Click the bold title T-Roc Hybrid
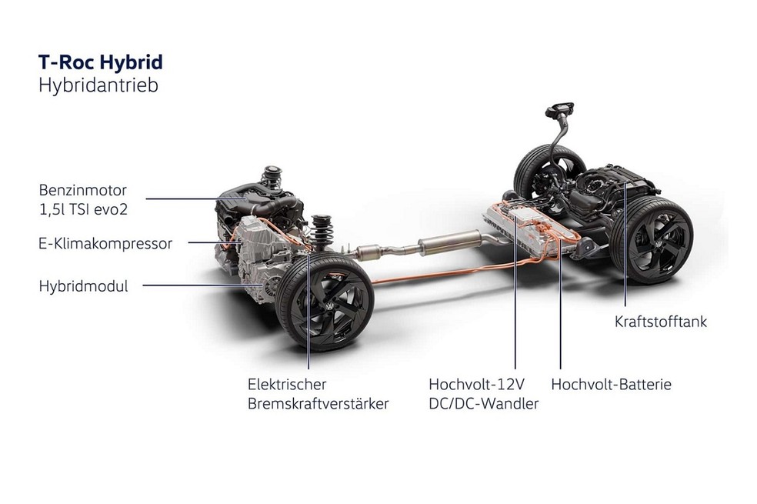pos(101,63)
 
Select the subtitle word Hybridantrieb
pos(98,85)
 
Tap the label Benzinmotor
pos(82,190)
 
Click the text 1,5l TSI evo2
pos(83,210)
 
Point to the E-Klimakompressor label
pos(105,244)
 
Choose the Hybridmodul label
pos(84,285)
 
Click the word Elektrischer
pos(287,384)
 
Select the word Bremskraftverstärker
pos(318,404)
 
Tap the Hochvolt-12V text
pos(476,384)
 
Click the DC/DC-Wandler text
pos(483,404)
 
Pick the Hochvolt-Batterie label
pos(611,384)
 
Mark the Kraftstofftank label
pos(660,322)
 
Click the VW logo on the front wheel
pos(329,308)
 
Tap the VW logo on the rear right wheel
pos(657,245)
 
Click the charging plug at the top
pos(559,111)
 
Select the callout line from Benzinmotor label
pos(193,199)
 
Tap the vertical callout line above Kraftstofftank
pos(625,244)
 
